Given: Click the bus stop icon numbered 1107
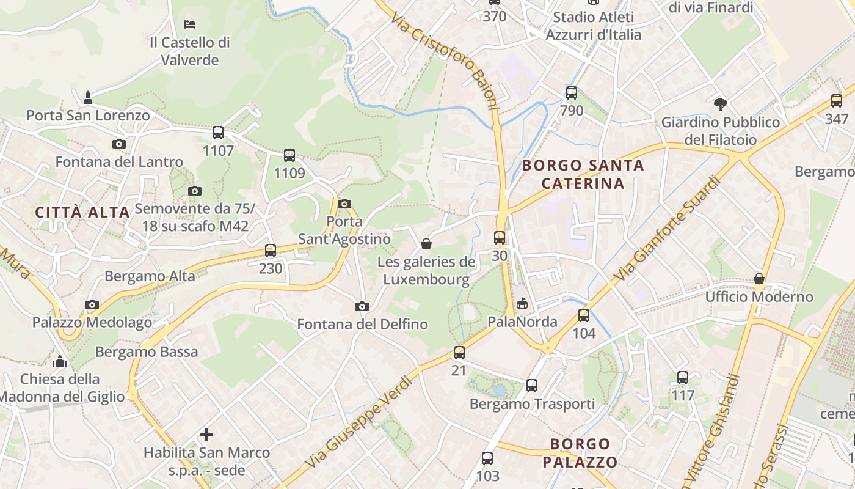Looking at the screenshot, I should (218, 132).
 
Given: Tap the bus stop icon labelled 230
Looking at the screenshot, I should (271, 250).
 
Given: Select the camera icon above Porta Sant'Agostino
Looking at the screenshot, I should (344, 204).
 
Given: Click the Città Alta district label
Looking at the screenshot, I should (82, 212).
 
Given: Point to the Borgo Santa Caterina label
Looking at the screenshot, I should (583, 174).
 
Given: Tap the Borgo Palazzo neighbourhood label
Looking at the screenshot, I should (580, 452).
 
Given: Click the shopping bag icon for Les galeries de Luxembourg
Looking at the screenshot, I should (426, 244).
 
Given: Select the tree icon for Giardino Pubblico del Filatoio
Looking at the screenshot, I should (721, 105).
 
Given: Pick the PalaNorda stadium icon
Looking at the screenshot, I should (522, 304).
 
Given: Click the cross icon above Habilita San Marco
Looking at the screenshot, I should (206, 435).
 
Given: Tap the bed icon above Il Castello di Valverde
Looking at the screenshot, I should (190, 24).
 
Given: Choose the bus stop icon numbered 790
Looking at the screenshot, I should (572, 93).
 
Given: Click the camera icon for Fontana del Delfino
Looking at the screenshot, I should (362, 306).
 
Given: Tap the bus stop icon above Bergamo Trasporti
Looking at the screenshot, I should (532, 386).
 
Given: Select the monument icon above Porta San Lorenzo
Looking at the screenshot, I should (88, 97).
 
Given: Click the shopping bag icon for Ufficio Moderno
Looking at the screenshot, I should (759, 279).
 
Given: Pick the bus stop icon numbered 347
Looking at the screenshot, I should (837, 101).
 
